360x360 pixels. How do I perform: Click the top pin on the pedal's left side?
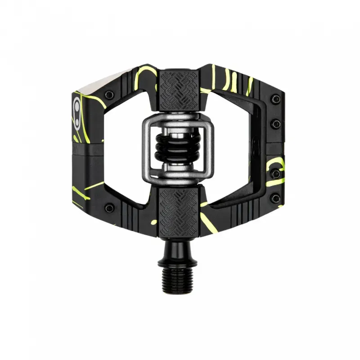(x=108, y=94)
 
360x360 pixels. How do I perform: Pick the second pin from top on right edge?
(x=276, y=123)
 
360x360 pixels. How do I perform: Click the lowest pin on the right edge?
(x=275, y=198)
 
